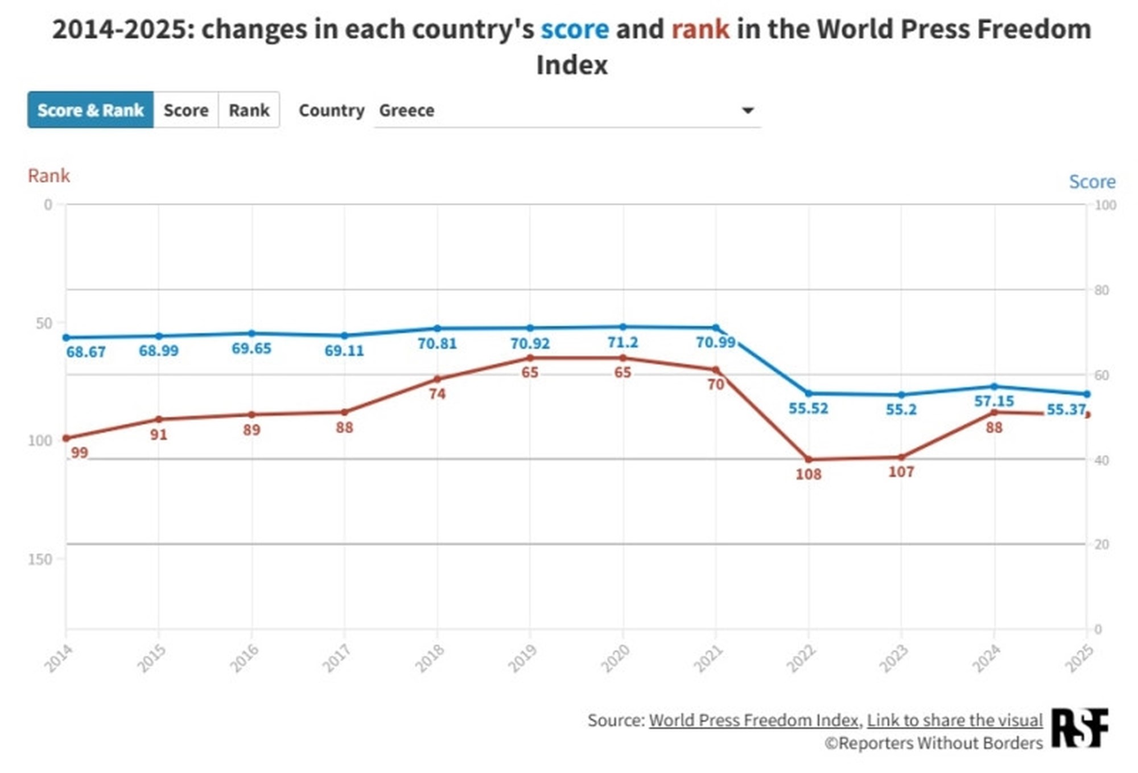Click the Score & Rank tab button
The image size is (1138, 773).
[x=90, y=110]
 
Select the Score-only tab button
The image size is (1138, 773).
[x=185, y=110]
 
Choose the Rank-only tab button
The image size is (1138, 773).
[x=249, y=110]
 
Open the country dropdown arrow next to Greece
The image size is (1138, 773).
[x=748, y=110]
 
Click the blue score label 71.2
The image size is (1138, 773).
[x=622, y=343]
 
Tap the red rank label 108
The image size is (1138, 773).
[x=808, y=474]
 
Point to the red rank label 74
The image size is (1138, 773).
[x=437, y=394]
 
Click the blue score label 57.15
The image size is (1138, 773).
[x=993, y=401]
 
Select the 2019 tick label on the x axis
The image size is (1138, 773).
[x=522, y=658]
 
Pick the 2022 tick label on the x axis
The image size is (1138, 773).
[x=801, y=658]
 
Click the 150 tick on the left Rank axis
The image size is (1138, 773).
[x=40, y=559]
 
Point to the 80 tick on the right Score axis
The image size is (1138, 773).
[x=1102, y=290]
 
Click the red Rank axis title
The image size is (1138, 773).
[x=49, y=176]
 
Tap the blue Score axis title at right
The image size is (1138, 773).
[x=1092, y=182]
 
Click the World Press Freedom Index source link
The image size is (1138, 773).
[x=753, y=720]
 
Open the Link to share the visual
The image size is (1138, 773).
[x=955, y=720]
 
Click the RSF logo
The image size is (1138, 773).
[x=1079, y=727]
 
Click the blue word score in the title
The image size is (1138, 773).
[x=575, y=30]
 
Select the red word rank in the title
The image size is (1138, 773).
[x=700, y=30]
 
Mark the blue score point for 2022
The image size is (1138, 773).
[x=809, y=393]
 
